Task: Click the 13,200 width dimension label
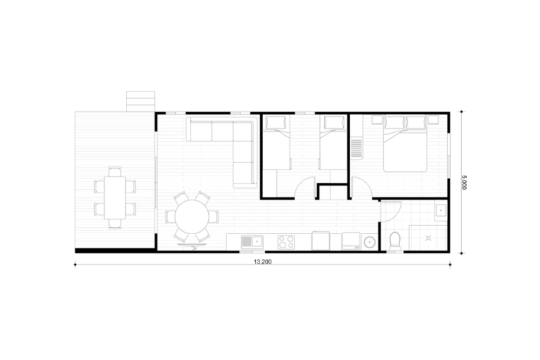[263, 262]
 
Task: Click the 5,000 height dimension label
[464, 182]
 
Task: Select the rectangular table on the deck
[115, 198]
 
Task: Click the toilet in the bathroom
[394, 241]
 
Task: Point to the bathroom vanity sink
[441, 211]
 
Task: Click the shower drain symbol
[428, 238]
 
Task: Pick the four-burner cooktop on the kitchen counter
[286, 242]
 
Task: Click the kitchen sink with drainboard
[252, 241]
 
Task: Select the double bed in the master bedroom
[405, 144]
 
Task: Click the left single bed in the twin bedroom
[276, 143]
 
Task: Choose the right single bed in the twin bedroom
[333, 143]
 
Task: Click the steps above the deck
[140, 101]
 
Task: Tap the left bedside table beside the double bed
[377, 120]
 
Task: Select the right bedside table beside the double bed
[433, 120]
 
